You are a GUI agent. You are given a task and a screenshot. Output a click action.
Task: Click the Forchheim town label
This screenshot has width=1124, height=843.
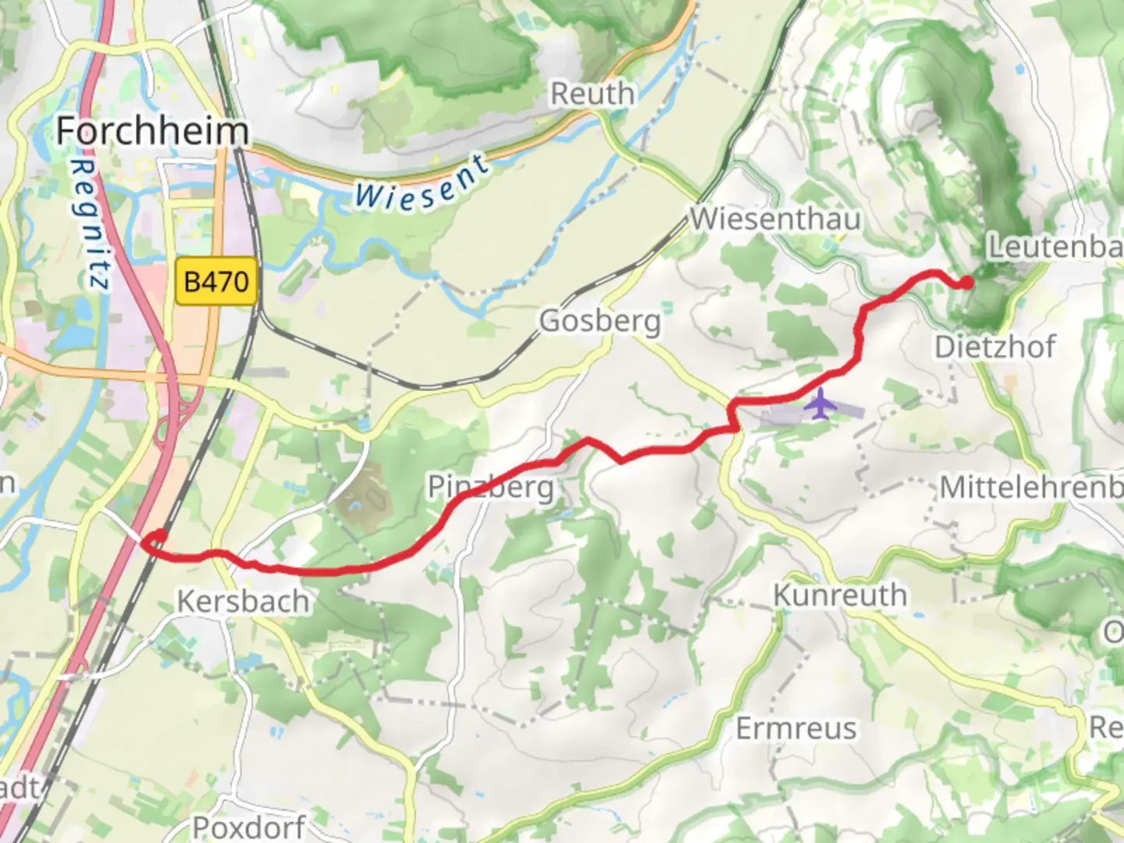(x=152, y=130)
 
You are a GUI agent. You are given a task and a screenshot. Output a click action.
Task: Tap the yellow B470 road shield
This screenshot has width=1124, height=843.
(x=217, y=281)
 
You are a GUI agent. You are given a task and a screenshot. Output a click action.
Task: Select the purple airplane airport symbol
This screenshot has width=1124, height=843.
(x=820, y=404)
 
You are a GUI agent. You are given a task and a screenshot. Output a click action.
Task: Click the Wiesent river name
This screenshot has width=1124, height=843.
(x=422, y=184)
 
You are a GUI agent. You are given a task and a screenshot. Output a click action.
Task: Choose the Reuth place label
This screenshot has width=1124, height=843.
(x=592, y=94)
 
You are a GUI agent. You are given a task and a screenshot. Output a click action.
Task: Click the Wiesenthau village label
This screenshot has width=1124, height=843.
(x=775, y=219)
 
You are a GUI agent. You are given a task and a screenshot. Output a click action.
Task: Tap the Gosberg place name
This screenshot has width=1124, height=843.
(x=599, y=321)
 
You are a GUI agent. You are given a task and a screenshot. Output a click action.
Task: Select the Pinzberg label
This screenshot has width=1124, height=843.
(x=491, y=487)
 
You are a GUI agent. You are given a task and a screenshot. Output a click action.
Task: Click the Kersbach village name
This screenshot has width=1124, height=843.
(x=243, y=601)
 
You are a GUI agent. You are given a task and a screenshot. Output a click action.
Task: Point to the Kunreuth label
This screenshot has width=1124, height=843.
(x=840, y=595)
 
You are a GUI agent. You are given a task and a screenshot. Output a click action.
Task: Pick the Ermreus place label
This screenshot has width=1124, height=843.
(x=796, y=729)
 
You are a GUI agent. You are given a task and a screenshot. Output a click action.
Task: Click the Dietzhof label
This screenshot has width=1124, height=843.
(x=995, y=347)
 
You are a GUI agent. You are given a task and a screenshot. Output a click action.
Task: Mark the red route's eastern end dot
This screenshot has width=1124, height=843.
(x=966, y=283)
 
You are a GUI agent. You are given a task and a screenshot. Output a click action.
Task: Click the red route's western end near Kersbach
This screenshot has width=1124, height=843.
(x=158, y=537)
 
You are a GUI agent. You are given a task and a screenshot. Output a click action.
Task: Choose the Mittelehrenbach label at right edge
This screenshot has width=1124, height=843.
(x=1030, y=487)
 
